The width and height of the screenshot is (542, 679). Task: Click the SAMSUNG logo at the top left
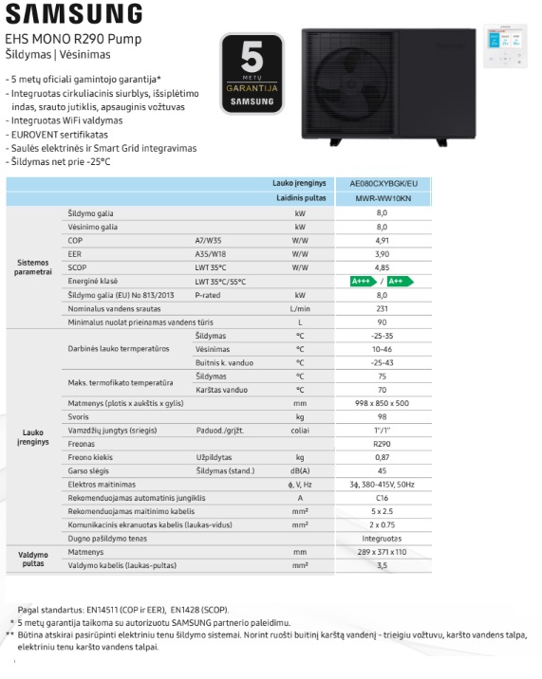(74, 14)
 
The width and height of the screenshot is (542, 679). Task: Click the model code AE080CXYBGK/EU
(383, 183)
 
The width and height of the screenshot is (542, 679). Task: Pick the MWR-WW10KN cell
(383, 198)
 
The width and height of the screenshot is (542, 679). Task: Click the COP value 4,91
(383, 241)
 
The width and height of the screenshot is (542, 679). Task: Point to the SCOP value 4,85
(383, 267)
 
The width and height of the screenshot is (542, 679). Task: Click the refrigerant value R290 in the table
(383, 444)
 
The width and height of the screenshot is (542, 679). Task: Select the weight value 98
(383, 416)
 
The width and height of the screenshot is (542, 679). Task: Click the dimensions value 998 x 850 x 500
(383, 403)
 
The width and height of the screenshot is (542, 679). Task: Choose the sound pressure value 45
(383, 470)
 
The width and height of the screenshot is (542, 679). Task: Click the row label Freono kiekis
(91, 457)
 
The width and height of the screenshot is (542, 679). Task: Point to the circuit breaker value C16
(383, 497)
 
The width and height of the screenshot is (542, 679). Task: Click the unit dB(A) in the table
(300, 470)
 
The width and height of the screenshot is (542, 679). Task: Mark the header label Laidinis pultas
(302, 198)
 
